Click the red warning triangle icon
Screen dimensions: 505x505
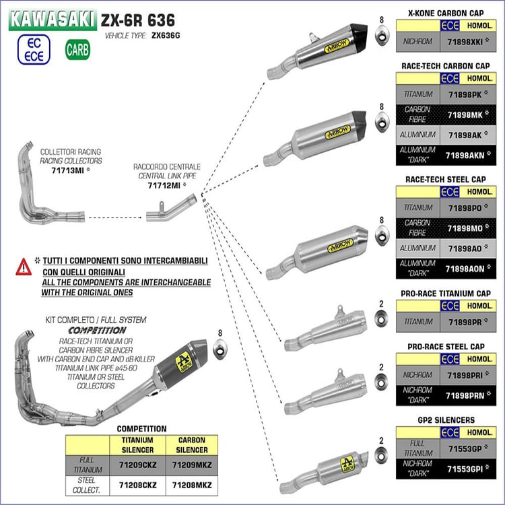pyautogui.click(x=24, y=267)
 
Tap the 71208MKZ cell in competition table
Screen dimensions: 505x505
pyautogui.click(x=191, y=484)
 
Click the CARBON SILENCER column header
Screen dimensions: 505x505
pyautogui.click(x=191, y=444)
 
